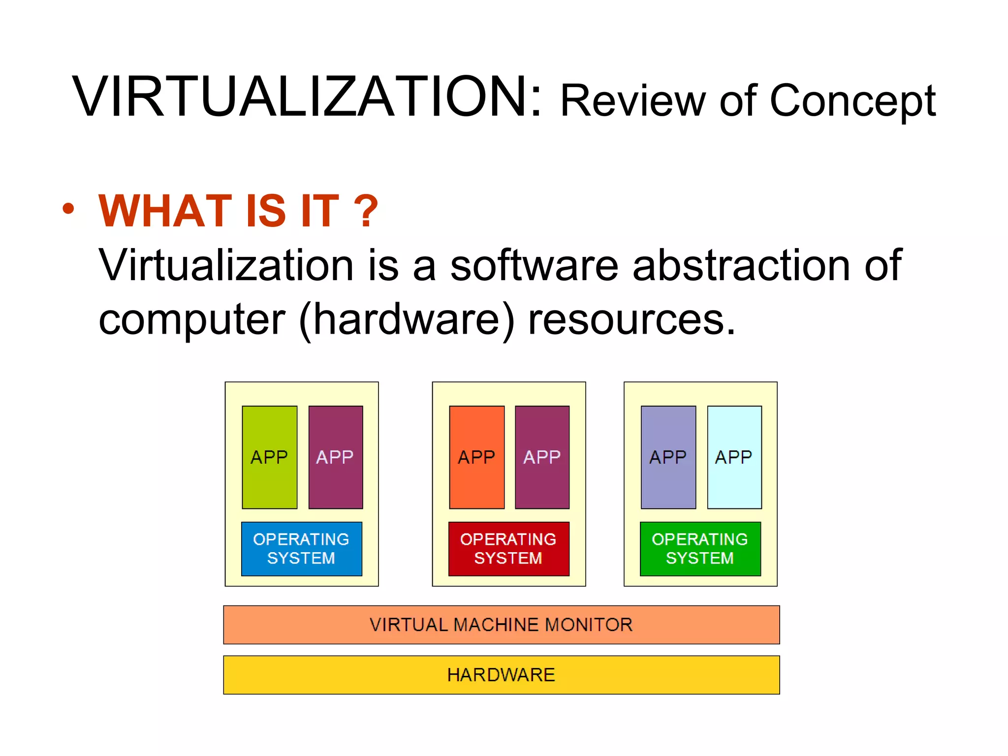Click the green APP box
click(269, 457)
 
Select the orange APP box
click(476, 457)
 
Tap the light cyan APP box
click(734, 457)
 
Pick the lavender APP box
click(668, 457)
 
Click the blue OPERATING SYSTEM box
click(301, 549)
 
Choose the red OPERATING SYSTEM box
click(508, 549)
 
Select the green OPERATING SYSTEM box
click(700, 549)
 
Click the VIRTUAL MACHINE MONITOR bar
click(501, 625)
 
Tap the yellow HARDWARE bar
click(501, 675)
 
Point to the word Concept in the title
click(852, 101)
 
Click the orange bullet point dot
click(68, 209)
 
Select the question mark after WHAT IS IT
click(366, 211)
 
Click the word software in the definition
click(534, 266)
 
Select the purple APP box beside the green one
click(335, 457)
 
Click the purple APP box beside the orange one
click(542, 457)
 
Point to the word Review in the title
click(633, 101)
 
